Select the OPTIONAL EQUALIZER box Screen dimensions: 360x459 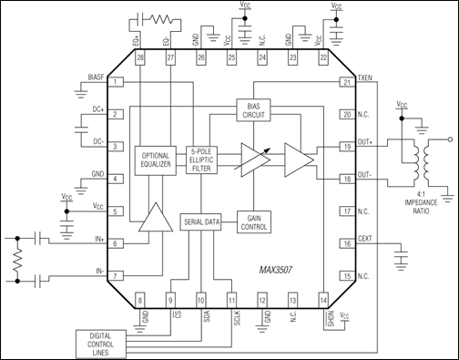tap(158, 160)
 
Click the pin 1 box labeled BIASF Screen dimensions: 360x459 tap(117, 83)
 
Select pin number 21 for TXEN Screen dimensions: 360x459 tap(346, 83)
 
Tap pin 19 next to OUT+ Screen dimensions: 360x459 tap(346, 146)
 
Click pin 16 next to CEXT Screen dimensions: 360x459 tap(346, 243)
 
